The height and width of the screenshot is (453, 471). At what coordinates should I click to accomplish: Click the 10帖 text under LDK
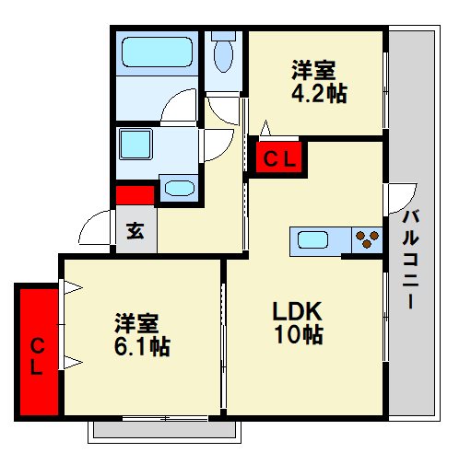coord(297,335)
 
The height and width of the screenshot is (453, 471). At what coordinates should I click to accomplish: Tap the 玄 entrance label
coord(135,230)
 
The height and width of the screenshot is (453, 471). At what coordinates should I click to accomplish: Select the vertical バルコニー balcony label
coord(411,260)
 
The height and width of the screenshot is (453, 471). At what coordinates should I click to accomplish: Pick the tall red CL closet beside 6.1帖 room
coord(37,355)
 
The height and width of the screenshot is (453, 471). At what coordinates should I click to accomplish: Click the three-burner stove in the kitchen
coord(367,241)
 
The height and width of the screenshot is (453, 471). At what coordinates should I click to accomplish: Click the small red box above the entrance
coord(135,195)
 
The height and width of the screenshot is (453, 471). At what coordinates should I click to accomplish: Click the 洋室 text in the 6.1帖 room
coord(137,324)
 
